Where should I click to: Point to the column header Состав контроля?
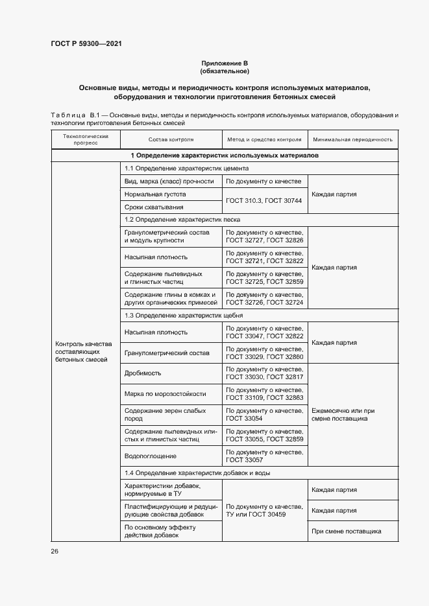point(171,139)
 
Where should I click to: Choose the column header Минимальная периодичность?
point(352,139)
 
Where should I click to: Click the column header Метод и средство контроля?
point(264,139)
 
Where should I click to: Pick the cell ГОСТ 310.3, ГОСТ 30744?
point(264,201)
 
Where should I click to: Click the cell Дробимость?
point(142,373)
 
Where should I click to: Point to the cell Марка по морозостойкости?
point(165,393)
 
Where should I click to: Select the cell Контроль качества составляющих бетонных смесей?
point(84,351)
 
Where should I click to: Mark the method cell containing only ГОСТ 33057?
point(264,455)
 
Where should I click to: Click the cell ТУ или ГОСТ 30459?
point(264,511)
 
